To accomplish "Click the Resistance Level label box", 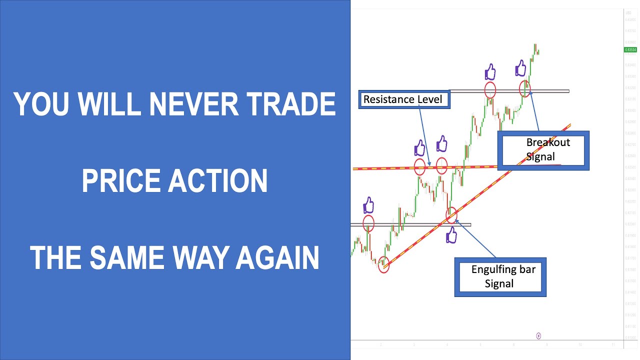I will (404, 99).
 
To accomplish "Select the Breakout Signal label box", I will (543, 150).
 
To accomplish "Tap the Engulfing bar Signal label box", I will (500, 277).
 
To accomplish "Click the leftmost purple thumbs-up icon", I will (368, 205).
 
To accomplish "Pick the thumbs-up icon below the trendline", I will (451, 235).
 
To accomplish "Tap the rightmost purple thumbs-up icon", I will (520, 67).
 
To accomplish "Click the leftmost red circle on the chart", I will (368, 223).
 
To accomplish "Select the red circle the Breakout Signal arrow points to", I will (524, 88).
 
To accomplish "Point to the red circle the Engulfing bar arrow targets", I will (451, 215).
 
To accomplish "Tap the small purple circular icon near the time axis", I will (538, 335).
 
